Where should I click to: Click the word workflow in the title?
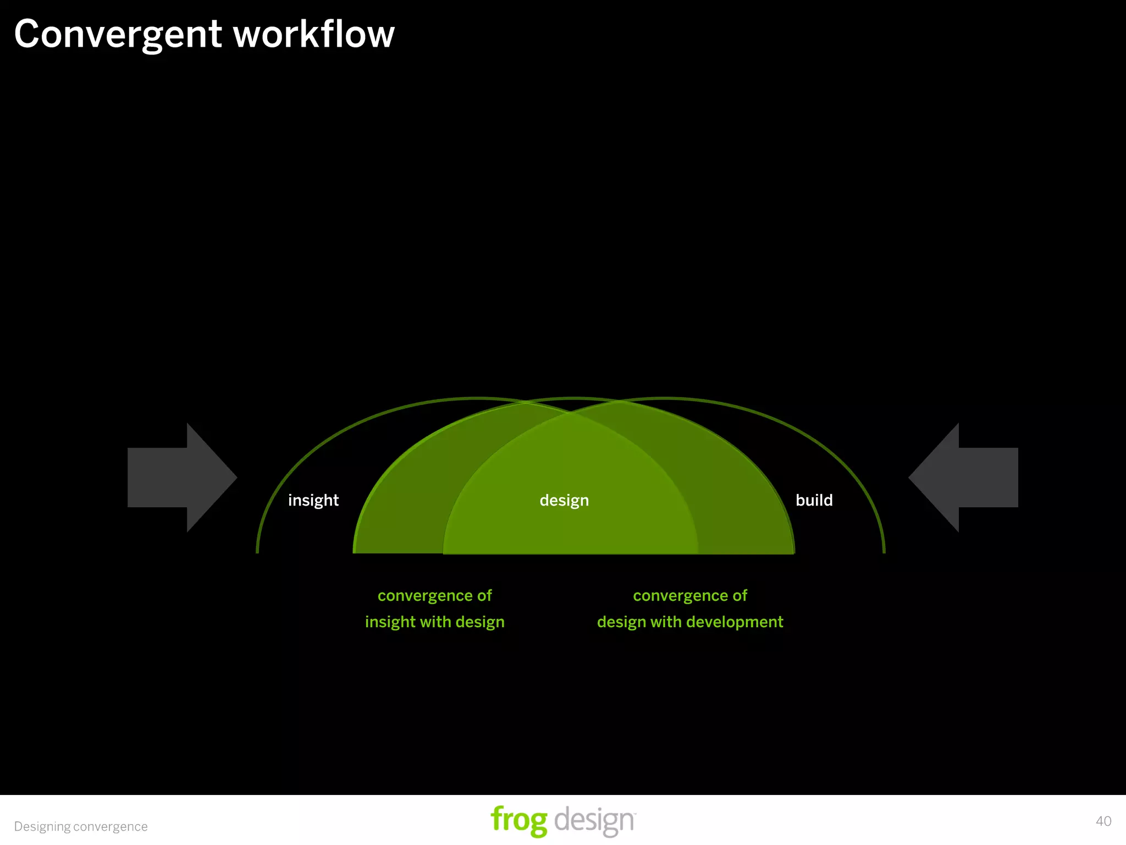(x=314, y=34)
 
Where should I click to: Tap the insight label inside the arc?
(x=313, y=500)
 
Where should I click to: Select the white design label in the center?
(x=564, y=500)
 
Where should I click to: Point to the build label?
(x=814, y=500)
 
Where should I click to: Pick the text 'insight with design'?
(x=434, y=622)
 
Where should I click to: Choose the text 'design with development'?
(x=690, y=622)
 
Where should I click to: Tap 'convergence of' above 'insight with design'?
(x=434, y=595)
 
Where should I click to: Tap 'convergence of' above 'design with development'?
(x=690, y=595)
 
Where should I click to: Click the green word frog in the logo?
(x=518, y=820)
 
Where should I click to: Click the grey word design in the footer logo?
(x=594, y=820)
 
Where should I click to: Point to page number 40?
(x=1103, y=821)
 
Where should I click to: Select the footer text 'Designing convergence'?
(x=81, y=826)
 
